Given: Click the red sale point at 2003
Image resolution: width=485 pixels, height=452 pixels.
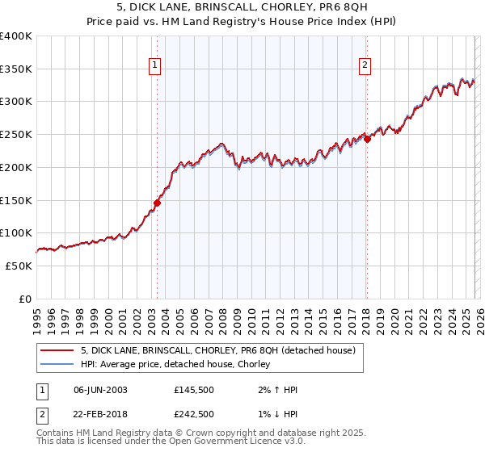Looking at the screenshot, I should coord(157,203).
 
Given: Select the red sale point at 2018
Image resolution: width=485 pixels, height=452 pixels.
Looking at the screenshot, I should coord(367,139).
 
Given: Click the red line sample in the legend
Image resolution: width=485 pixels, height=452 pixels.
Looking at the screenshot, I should coord(57,350).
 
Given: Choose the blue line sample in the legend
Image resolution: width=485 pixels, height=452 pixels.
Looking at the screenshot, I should coord(57,365).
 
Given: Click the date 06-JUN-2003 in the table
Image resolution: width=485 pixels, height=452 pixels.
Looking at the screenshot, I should coord(100,390).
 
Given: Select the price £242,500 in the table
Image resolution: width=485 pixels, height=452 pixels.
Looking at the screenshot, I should coord(195,414).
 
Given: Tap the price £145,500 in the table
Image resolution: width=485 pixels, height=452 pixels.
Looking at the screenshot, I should coord(195,390).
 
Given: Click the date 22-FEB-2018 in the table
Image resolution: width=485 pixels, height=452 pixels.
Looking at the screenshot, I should coord(100,414).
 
